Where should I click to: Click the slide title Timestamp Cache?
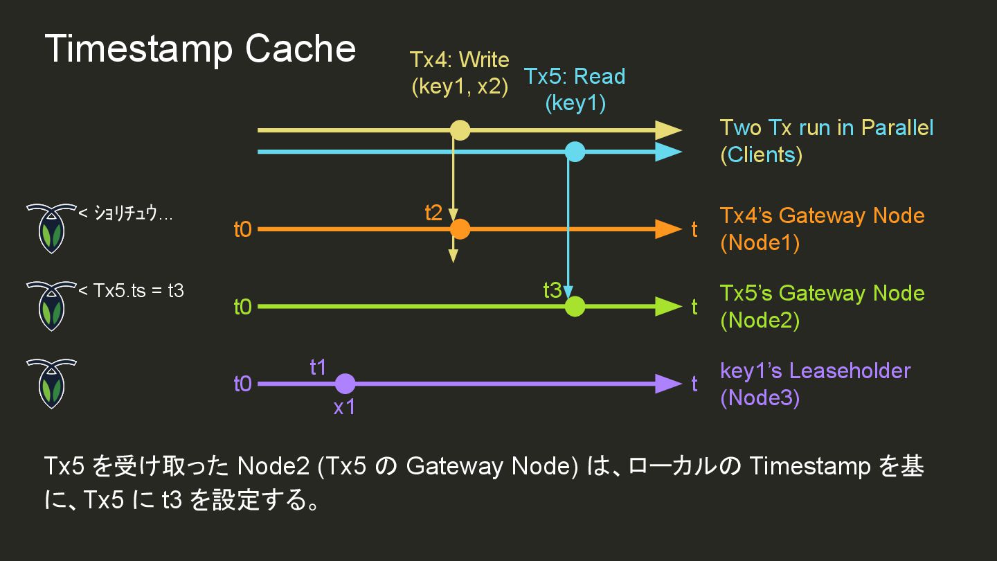tap(200, 49)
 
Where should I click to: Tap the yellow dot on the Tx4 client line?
tap(460, 130)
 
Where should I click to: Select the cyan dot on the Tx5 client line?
tap(575, 152)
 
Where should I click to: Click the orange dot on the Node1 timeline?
tap(460, 229)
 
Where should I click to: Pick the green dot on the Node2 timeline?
tap(575, 306)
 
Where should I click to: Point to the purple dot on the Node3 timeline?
tap(345, 384)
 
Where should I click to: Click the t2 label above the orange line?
tap(433, 213)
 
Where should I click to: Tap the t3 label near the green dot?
tap(553, 291)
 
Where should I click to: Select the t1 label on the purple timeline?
tap(318, 368)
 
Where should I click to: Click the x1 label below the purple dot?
tap(344, 407)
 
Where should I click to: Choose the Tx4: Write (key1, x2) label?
tap(460, 73)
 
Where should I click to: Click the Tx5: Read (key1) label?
tap(575, 89)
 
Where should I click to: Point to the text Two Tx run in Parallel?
tap(827, 128)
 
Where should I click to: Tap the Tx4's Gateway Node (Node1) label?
tap(822, 229)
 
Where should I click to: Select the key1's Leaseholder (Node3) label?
tap(815, 384)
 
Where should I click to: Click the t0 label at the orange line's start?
tap(242, 230)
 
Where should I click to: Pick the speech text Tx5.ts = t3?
tap(134, 290)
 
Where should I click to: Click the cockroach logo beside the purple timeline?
tap(51, 383)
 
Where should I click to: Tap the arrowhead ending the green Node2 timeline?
tap(668, 306)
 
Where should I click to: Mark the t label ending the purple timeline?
tap(694, 384)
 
